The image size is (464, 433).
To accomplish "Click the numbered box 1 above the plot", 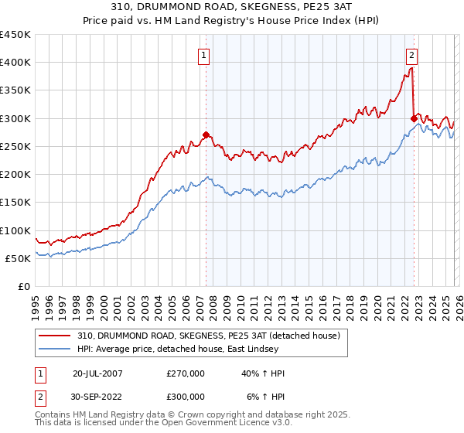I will click(203, 55).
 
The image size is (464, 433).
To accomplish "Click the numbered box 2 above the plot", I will click(411, 55).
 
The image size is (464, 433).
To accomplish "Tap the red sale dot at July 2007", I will click(206, 135).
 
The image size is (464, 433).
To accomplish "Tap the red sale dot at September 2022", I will click(414, 118).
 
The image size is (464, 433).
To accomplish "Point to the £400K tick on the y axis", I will click(15, 63).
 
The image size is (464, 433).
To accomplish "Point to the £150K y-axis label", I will click(15, 203).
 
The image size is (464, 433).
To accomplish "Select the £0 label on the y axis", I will click(23, 286).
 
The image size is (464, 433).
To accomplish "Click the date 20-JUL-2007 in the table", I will click(97, 373).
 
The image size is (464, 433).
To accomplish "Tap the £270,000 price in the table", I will click(186, 373).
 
